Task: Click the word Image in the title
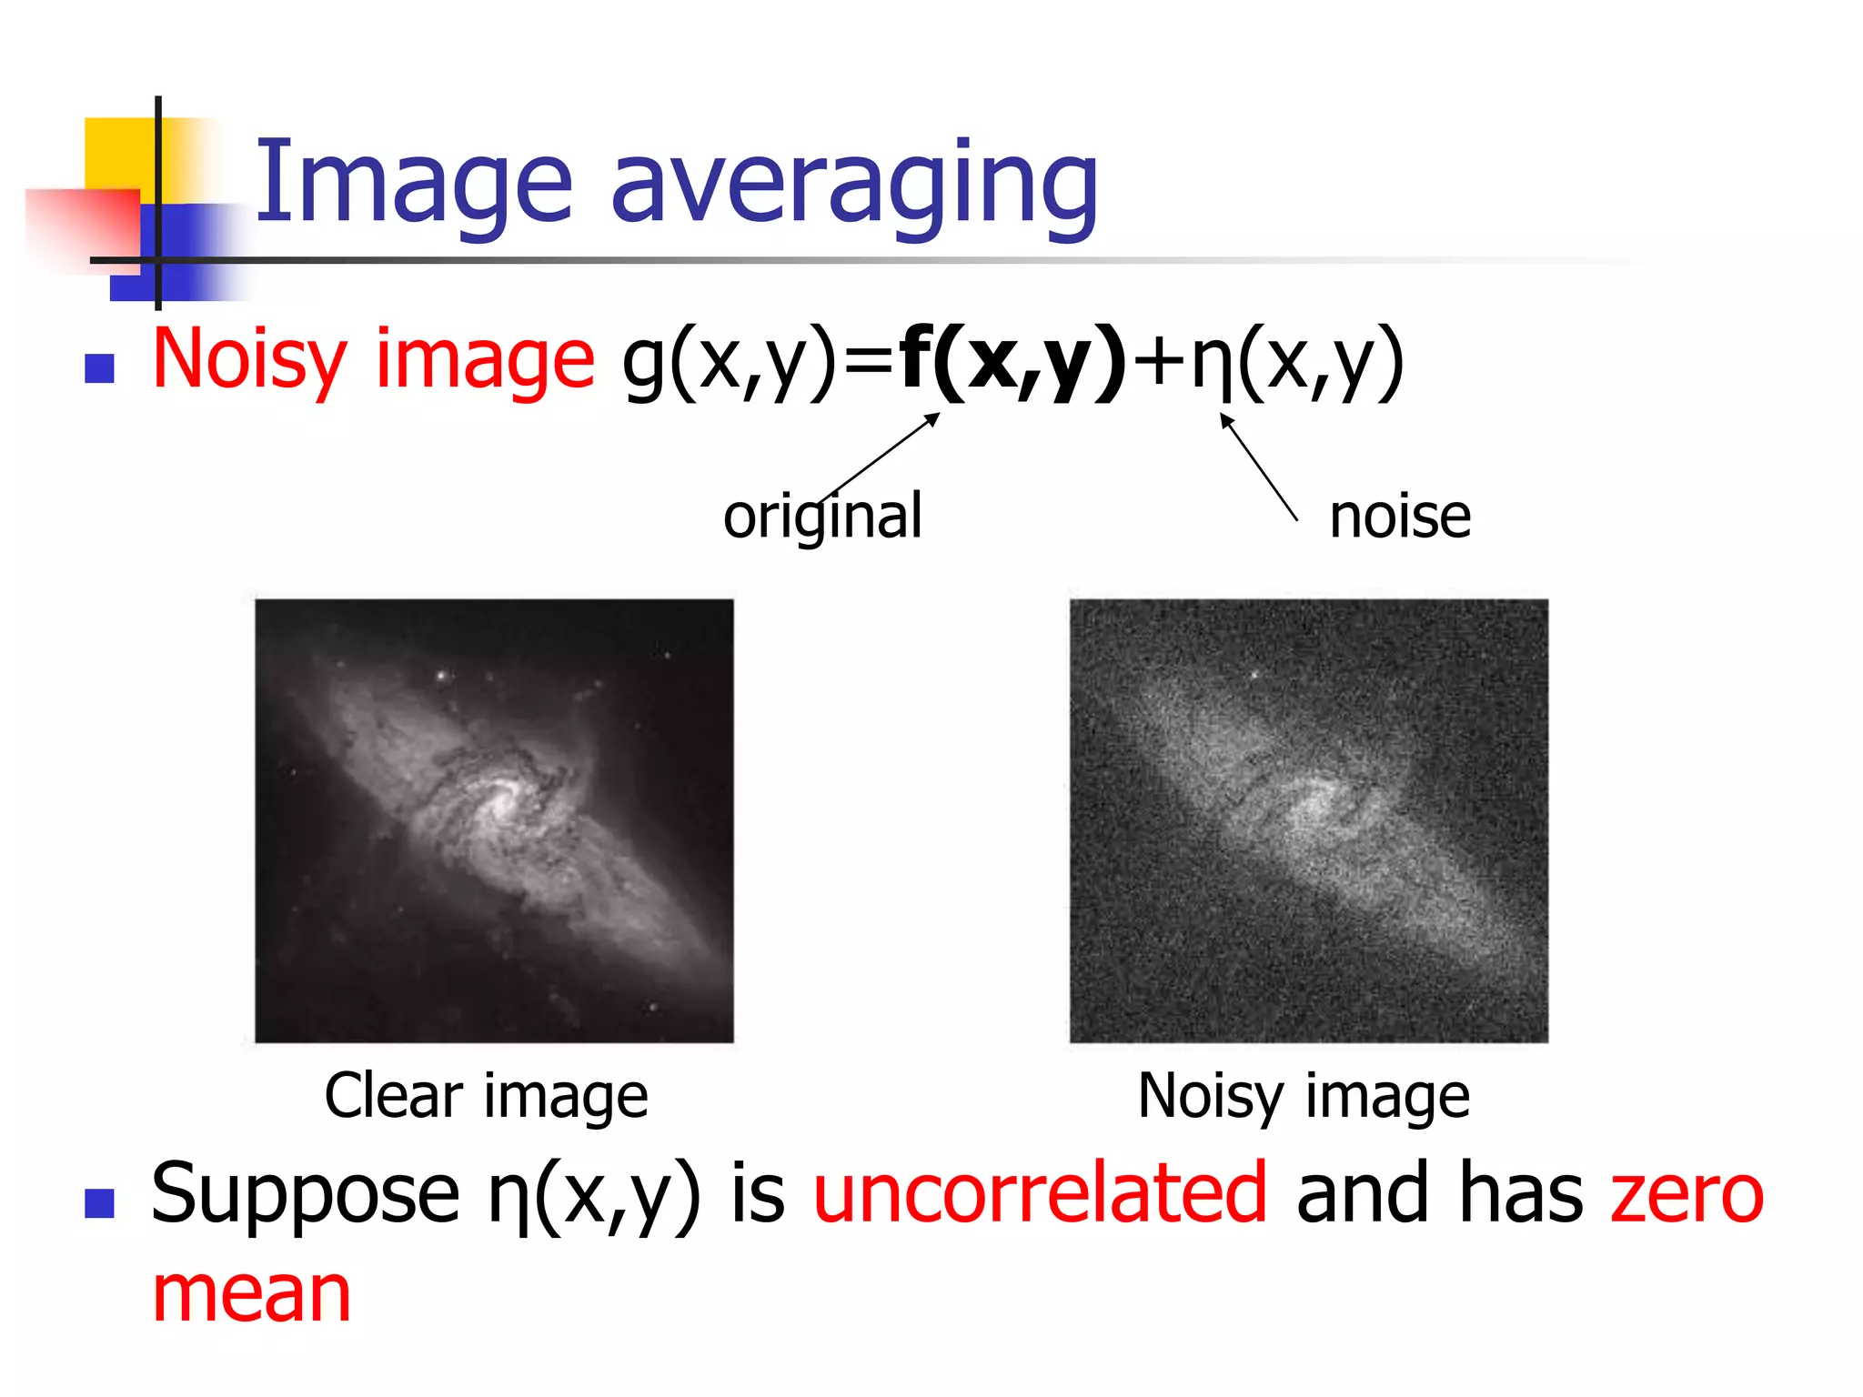[414, 182]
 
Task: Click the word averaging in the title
[855, 186]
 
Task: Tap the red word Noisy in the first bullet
[249, 360]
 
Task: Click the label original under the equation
[822, 517]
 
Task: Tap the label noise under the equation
[1399, 517]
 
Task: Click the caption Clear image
[486, 1095]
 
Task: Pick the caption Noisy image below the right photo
[1304, 1095]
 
